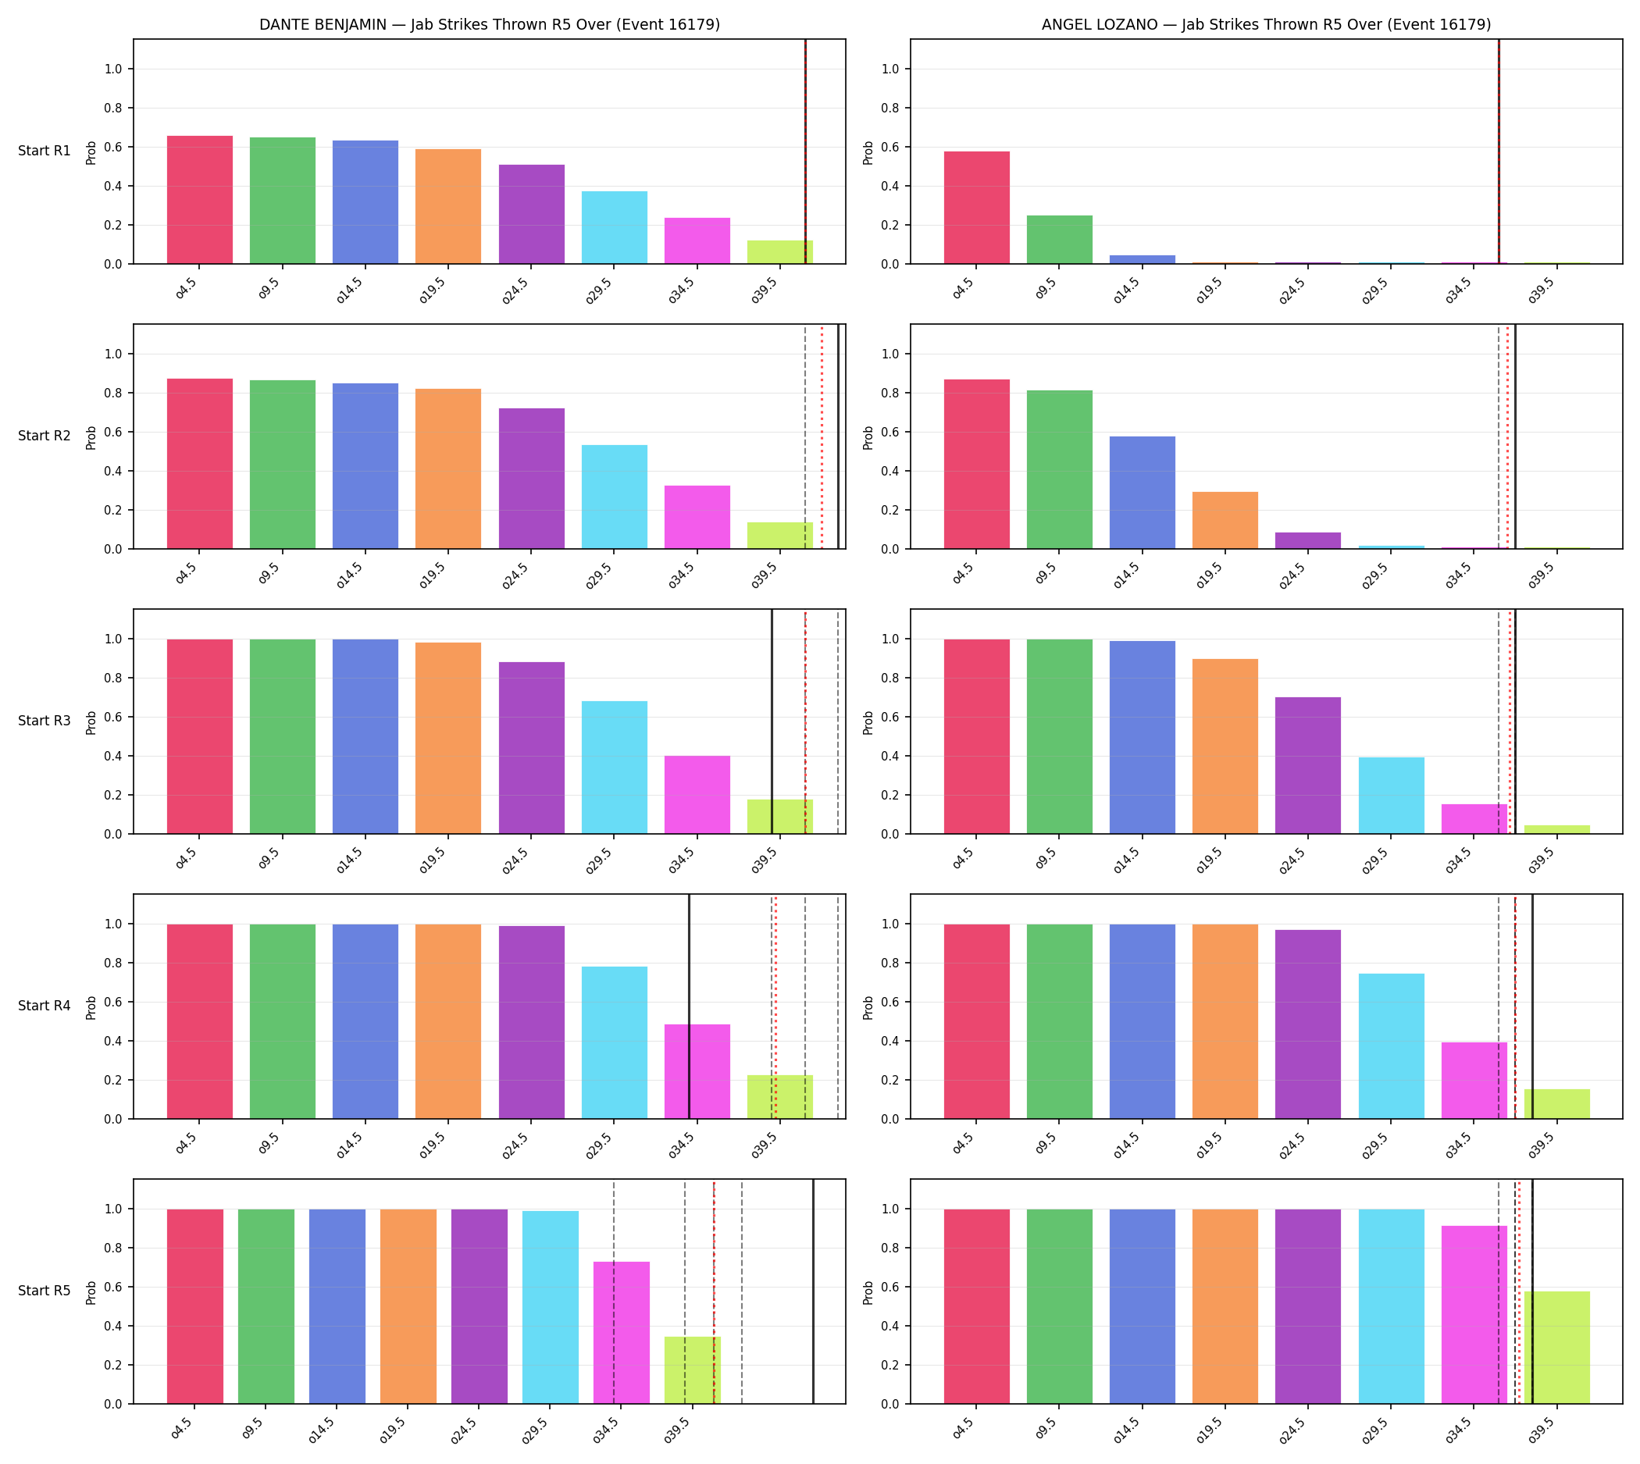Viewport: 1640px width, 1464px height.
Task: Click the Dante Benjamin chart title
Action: [x=489, y=24]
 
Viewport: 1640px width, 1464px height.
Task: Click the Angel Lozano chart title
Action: [x=1266, y=24]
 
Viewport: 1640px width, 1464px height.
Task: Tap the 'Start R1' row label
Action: [x=45, y=151]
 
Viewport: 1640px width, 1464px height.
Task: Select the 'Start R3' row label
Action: [x=45, y=721]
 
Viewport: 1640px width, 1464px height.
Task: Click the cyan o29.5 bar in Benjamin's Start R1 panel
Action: [x=614, y=228]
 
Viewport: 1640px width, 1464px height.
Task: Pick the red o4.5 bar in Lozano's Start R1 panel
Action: [x=976, y=208]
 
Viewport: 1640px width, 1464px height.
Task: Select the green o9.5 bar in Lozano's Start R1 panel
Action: [x=1059, y=240]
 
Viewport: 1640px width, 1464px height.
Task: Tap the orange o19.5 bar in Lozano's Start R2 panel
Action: [x=1225, y=521]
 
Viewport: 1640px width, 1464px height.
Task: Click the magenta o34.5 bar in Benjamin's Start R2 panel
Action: [x=697, y=517]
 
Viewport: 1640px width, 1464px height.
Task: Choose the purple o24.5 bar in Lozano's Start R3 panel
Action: [x=1307, y=766]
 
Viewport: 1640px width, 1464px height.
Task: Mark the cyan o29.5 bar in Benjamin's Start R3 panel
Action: [x=614, y=768]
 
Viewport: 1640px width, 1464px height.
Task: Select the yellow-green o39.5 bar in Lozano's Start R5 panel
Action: [x=1556, y=1348]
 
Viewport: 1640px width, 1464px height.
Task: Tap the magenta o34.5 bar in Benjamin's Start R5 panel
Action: [x=621, y=1333]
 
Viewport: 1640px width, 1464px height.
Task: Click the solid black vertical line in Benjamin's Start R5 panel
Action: [x=813, y=1292]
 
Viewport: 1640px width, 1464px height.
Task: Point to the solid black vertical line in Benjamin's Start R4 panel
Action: [x=689, y=1006]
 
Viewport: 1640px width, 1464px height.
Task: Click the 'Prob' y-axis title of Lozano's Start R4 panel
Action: [x=868, y=1008]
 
